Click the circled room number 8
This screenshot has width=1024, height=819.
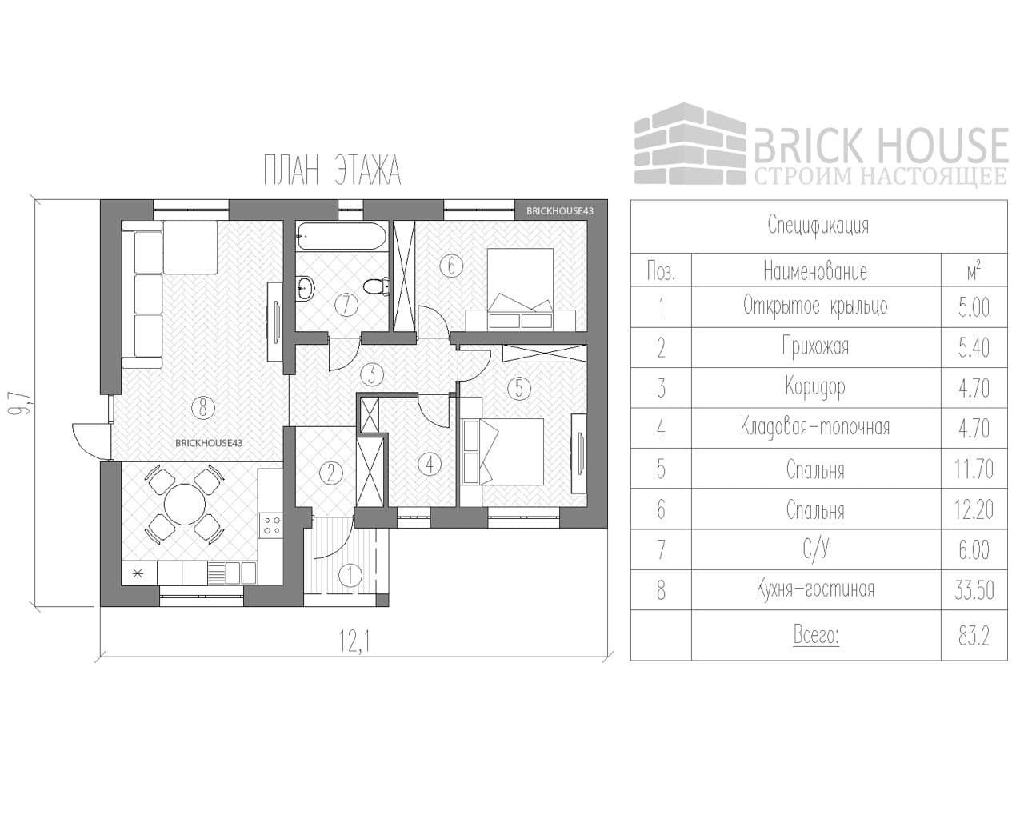203,408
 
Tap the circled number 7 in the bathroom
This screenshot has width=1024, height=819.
346,304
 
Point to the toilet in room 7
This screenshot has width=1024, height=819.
374,285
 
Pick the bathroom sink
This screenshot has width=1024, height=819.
306,288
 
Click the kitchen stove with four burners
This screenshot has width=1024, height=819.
271,525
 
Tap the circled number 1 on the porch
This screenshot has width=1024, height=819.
350,574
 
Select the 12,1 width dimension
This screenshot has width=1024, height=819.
352,640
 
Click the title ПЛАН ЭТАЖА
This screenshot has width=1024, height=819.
331,170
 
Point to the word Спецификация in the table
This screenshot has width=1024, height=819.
818,225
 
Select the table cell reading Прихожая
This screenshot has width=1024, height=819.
814,346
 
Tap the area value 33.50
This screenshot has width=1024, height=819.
974,590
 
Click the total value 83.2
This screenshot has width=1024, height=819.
974,637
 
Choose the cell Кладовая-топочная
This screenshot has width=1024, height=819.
814,427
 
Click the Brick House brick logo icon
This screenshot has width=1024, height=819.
690,144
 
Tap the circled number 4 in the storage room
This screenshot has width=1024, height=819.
430,463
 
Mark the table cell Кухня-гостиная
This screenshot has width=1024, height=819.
814,590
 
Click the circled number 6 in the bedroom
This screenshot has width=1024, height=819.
451,265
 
